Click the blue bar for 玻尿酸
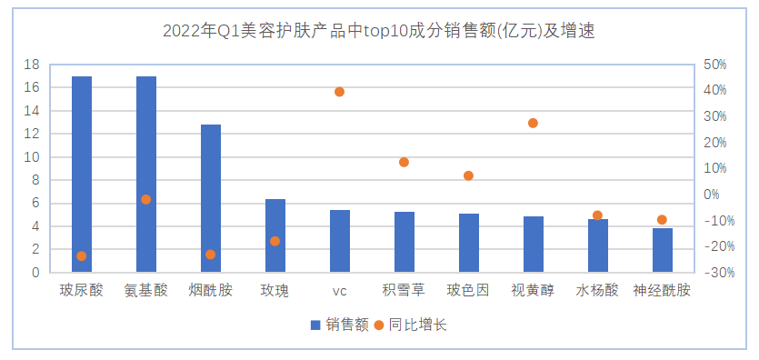(82, 174)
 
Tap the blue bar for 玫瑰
(275, 235)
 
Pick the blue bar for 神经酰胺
(663, 250)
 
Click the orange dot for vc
(340, 92)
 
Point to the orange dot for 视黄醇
(534, 123)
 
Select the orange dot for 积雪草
(404, 162)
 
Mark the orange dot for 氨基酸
(146, 199)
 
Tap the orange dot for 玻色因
(469, 175)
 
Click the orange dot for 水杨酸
(597, 215)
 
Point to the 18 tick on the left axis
(33, 65)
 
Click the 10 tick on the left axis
(33, 157)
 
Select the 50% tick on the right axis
(716, 65)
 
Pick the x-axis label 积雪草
(404, 291)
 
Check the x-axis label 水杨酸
(597, 291)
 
